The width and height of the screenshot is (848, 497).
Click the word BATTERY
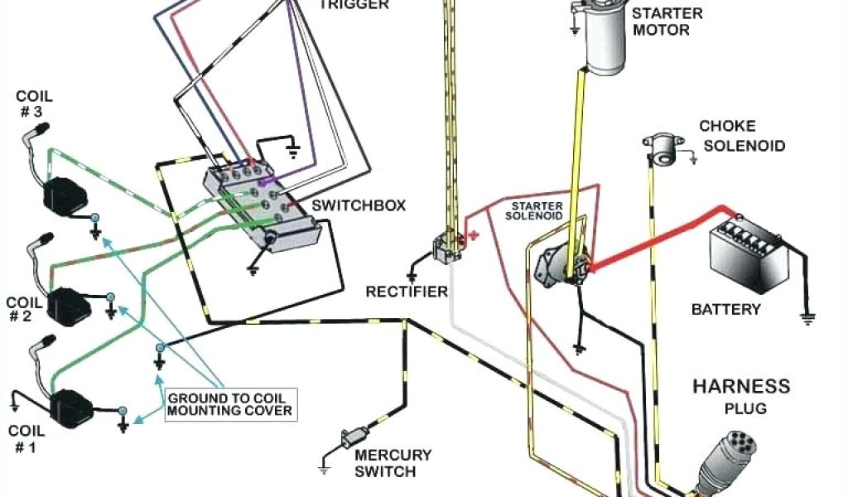pyautogui.click(x=725, y=310)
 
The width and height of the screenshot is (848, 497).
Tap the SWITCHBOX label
pyautogui.click(x=359, y=205)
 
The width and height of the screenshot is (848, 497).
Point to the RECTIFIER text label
pyautogui.click(x=407, y=292)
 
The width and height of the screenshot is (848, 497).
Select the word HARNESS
pyautogui.click(x=741, y=387)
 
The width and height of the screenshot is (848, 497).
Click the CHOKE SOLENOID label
pyautogui.click(x=740, y=137)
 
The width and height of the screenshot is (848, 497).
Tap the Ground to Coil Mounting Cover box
pyautogui.click(x=229, y=404)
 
